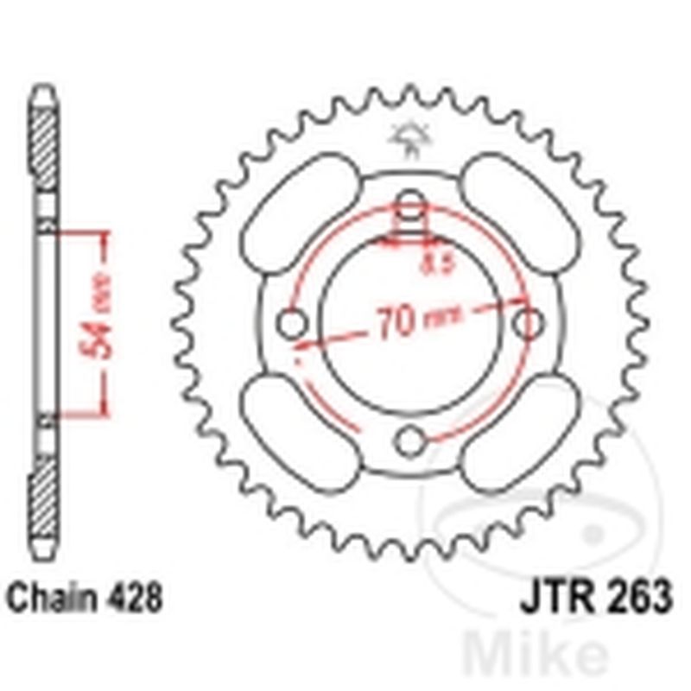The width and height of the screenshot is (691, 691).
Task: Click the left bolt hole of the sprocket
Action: (x=293, y=325)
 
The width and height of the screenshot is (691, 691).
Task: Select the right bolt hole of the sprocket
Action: (x=528, y=323)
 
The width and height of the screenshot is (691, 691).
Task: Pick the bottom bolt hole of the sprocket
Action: (x=410, y=442)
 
